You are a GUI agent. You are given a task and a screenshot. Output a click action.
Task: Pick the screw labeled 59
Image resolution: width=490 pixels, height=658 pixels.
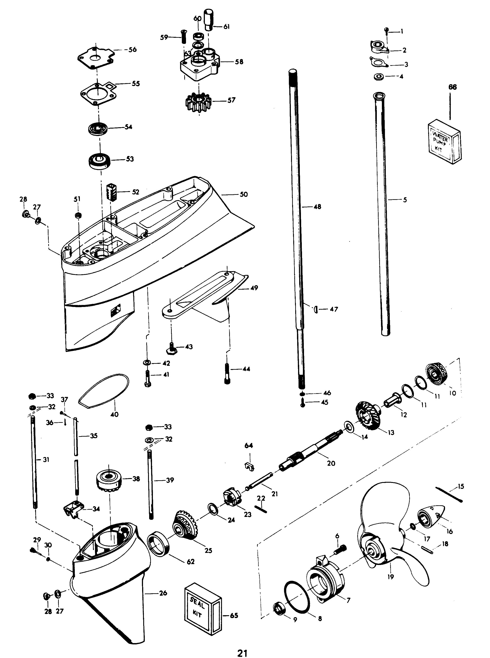(183, 37)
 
